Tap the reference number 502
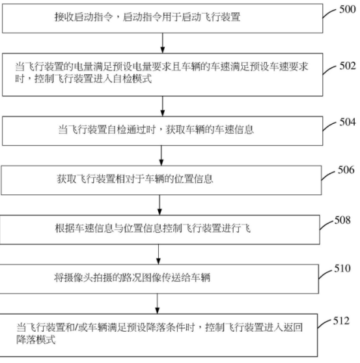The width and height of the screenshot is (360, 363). pos(347,66)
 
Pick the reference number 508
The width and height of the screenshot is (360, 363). pos(341,220)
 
